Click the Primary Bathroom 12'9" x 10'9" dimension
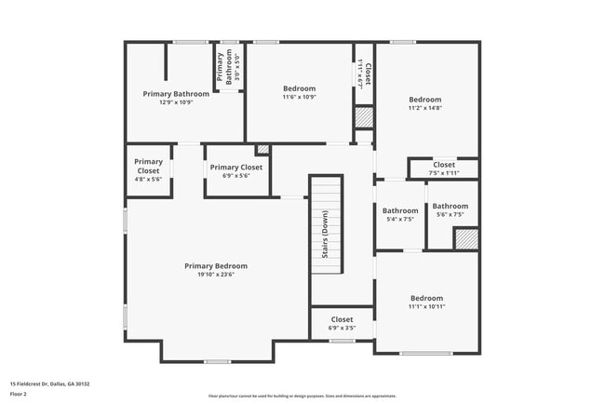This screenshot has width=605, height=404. point(175,101)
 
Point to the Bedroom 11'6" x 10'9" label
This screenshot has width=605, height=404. point(300,88)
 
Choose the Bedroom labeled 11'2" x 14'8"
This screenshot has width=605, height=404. point(425,100)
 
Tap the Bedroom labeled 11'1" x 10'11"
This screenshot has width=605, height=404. point(426,299)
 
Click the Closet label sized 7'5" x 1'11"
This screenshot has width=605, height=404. point(444,165)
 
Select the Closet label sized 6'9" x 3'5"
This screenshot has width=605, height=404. point(342,319)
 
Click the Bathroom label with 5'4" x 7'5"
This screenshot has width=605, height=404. point(400,210)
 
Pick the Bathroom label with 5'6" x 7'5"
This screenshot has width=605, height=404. point(450,207)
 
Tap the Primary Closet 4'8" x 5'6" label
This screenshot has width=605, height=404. point(148,166)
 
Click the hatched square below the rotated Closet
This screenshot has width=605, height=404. point(364,118)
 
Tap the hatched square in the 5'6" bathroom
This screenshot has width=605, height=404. point(465,238)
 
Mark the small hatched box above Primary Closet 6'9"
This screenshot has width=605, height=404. point(262,148)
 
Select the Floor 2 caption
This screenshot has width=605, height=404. point(19,394)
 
